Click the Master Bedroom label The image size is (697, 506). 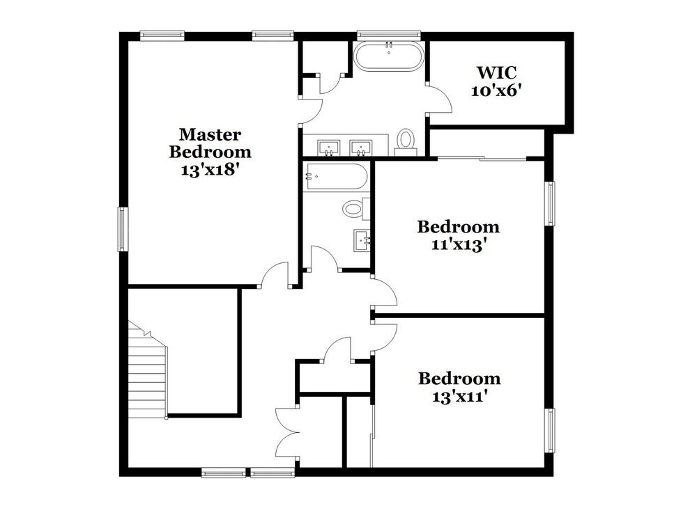[x=210, y=142]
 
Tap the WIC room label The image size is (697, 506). [x=498, y=72]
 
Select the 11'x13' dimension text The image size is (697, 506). [x=458, y=245]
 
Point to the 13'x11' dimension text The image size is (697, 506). [x=459, y=397]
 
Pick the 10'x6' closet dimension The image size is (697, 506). [x=498, y=90]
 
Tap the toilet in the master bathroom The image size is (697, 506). [x=405, y=140]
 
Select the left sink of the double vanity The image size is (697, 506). [x=329, y=147]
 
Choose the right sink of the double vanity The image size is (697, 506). [x=361, y=147]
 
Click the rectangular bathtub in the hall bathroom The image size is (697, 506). [x=335, y=177]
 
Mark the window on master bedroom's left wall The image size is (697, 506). [x=122, y=229]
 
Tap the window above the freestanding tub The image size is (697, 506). [x=388, y=33]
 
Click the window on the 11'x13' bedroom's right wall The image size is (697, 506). [x=550, y=203]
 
